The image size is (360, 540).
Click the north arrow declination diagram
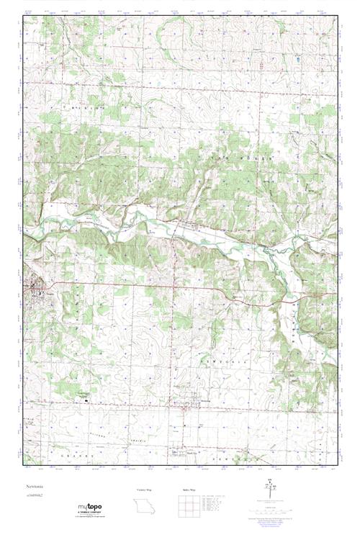click(x=271, y=492)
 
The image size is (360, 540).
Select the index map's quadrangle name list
click(x=220, y=504)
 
